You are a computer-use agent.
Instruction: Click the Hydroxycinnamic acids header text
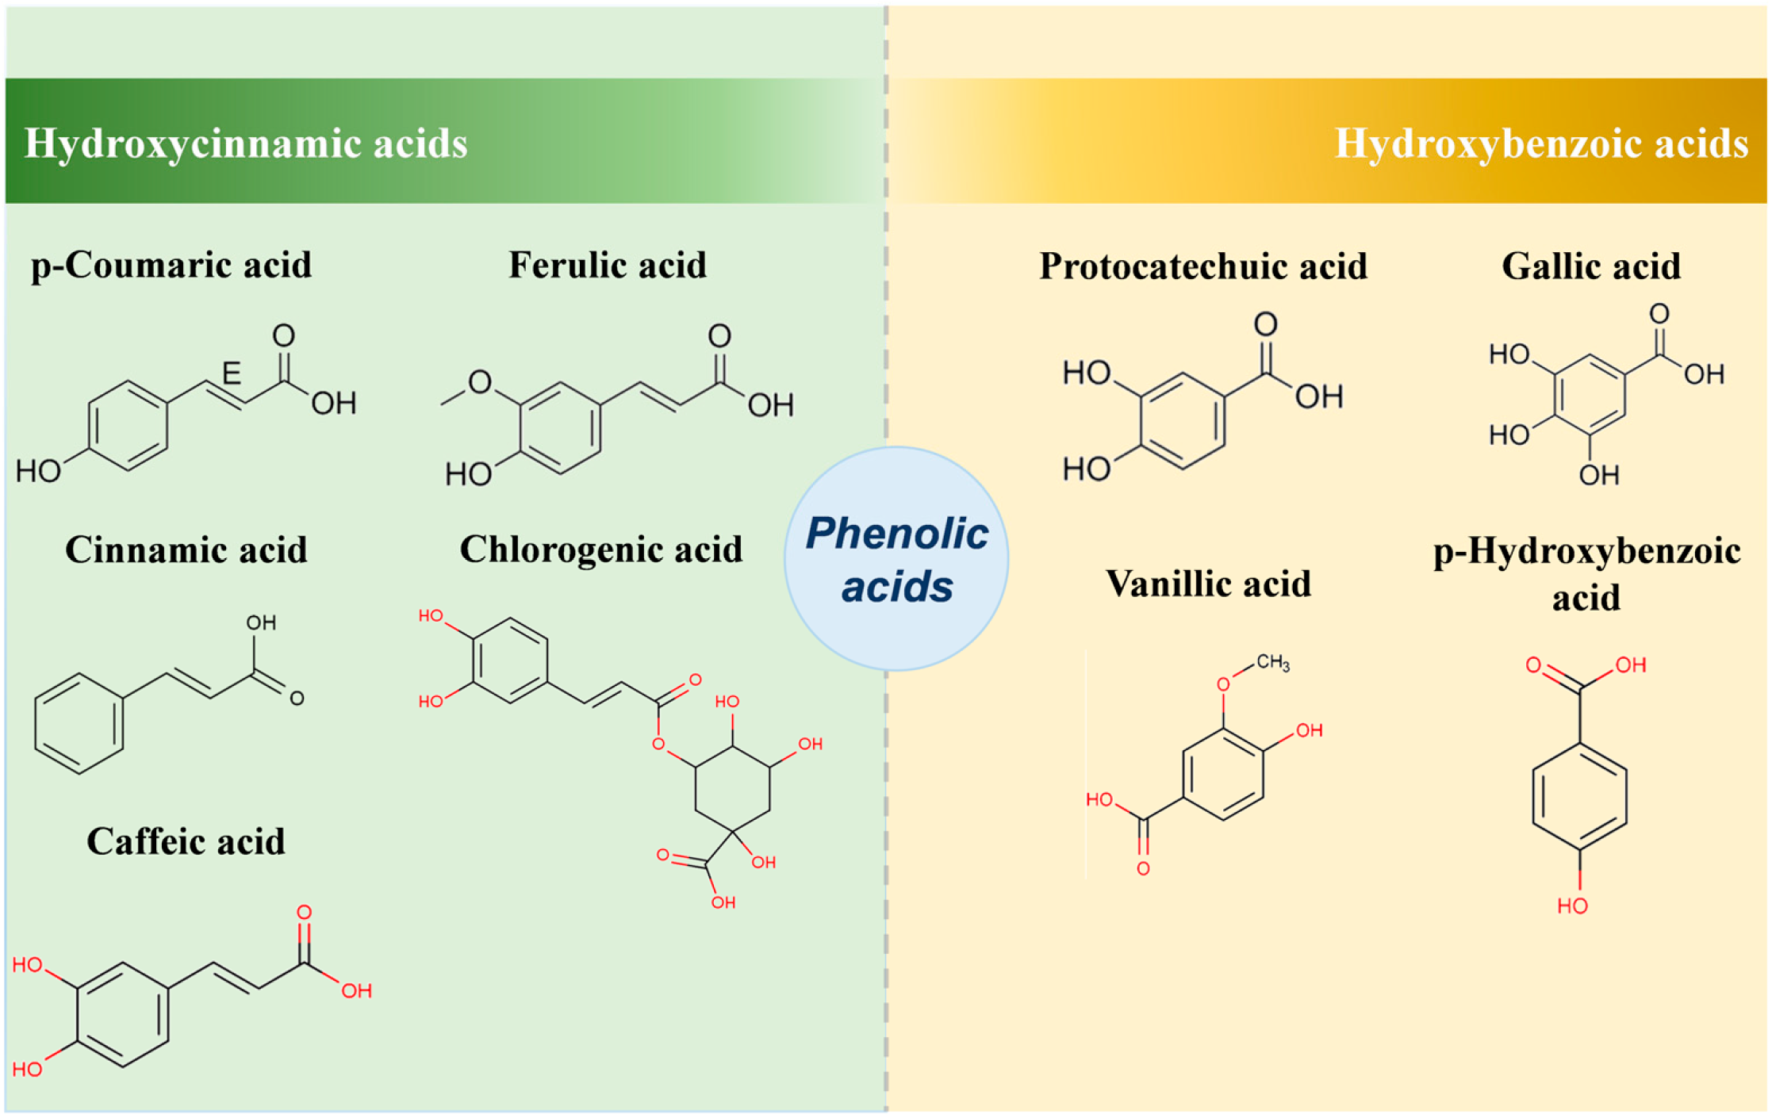click(x=246, y=144)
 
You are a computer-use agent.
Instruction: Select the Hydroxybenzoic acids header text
click(x=1541, y=144)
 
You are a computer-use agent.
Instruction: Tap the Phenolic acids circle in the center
click(x=896, y=559)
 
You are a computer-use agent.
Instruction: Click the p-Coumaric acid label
click(x=171, y=265)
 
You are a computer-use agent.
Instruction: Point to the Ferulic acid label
click(x=608, y=265)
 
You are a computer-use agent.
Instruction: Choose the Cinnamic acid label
click(x=186, y=549)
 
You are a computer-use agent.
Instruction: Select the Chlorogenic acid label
click(x=601, y=549)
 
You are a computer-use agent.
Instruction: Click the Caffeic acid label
click(x=186, y=841)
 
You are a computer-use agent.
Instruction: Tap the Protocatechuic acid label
click(x=1203, y=266)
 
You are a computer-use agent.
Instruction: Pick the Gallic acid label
click(x=1591, y=266)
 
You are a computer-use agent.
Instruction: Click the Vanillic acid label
click(x=1208, y=584)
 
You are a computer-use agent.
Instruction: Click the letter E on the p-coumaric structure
click(x=231, y=373)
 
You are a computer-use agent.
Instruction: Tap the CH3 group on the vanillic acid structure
click(x=1273, y=662)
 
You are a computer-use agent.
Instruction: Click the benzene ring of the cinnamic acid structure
click(x=79, y=723)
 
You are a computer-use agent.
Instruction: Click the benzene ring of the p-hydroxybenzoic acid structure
click(x=1579, y=797)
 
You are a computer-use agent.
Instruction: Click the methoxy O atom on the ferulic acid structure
click(x=480, y=382)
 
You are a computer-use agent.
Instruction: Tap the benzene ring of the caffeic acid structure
click(x=123, y=1015)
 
